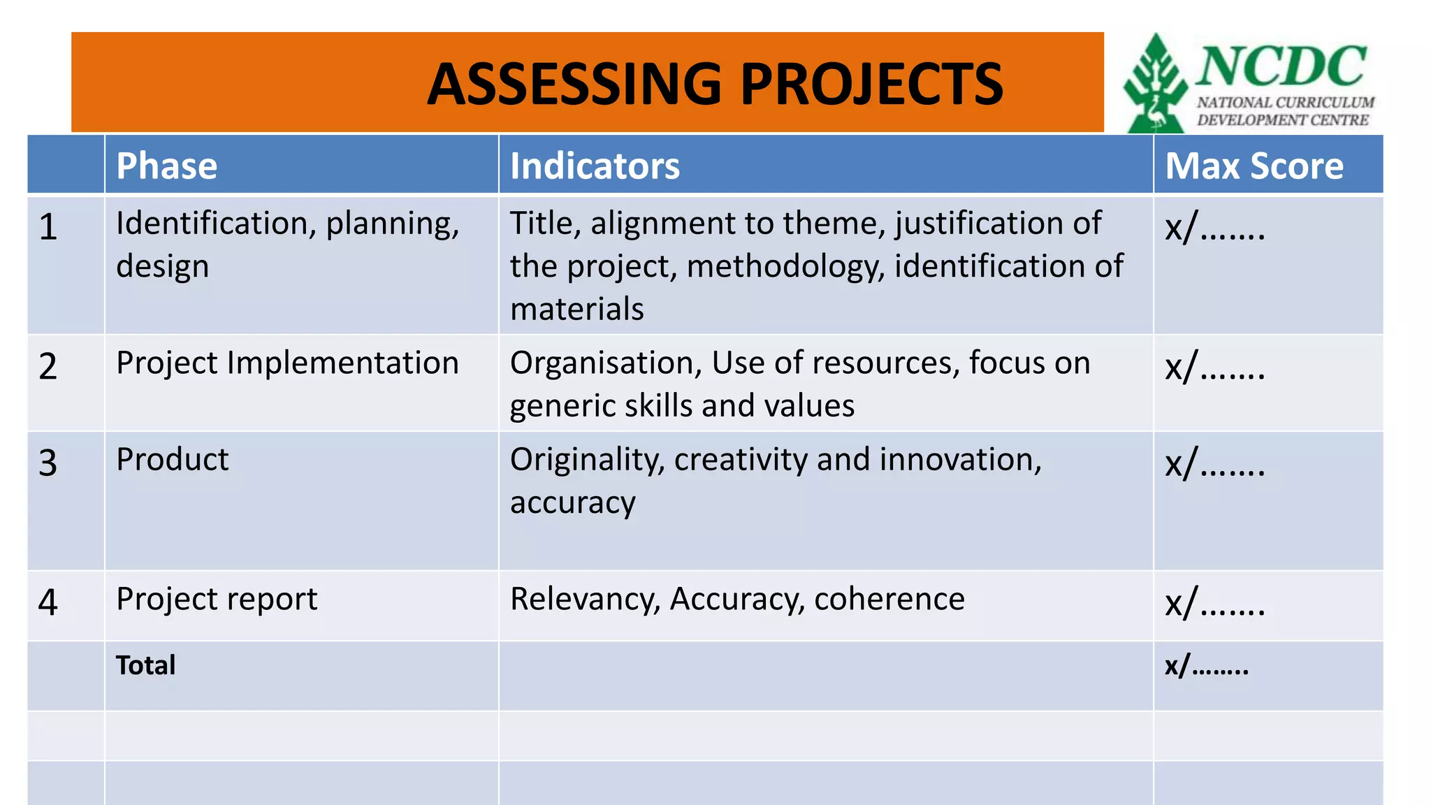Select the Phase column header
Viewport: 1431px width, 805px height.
(x=167, y=166)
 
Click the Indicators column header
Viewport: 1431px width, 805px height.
(x=595, y=166)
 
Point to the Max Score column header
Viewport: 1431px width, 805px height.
(x=1254, y=166)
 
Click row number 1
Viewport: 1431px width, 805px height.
(x=48, y=227)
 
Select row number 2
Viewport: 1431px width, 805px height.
(x=48, y=367)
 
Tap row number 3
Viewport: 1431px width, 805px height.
(x=48, y=463)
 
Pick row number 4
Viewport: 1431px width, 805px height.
(x=48, y=602)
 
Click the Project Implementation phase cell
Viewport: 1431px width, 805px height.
(x=287, y=363)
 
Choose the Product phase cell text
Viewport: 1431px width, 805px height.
(x=173, y=460)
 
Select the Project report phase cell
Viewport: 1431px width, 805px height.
(x=217, y=600)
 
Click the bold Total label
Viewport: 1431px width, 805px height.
(x=145, y=665)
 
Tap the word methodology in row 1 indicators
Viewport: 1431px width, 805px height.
(x=786, y=267)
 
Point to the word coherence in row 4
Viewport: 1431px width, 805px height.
(x=889, y=599)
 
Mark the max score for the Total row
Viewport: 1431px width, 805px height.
(x=1207, y=666)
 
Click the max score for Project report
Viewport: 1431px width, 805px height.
(x=1215, y=603)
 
